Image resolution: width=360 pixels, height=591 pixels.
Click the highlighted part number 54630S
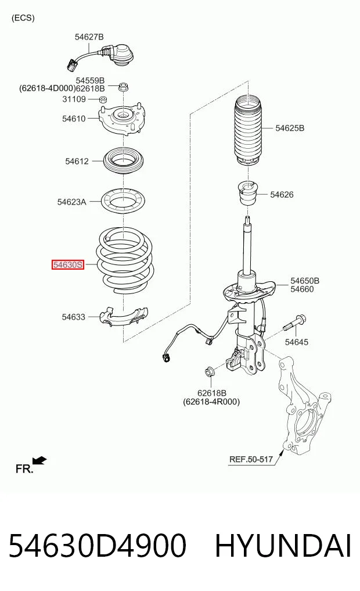67,265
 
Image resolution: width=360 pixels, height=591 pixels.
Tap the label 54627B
89,37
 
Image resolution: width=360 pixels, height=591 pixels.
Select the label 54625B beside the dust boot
290,128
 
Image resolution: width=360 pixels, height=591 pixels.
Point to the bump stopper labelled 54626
248,193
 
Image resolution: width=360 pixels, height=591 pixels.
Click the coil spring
125,260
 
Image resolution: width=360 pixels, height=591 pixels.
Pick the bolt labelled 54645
294,323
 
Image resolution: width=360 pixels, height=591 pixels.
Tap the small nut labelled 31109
102,99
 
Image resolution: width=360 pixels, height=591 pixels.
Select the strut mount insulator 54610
123,119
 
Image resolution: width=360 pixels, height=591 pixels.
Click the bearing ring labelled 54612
124,160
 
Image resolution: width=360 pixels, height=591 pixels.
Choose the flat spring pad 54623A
124,201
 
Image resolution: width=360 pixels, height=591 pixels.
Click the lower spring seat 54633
124,317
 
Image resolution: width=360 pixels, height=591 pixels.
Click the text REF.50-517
251,460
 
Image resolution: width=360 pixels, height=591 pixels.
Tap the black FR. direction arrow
39,460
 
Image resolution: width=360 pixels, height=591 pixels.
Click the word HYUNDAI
283,546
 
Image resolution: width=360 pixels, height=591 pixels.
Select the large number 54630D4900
98,546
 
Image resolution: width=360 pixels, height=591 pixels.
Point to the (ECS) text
23,17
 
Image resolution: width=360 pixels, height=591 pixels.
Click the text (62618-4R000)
211,402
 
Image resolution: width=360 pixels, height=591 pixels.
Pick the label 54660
302,289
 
